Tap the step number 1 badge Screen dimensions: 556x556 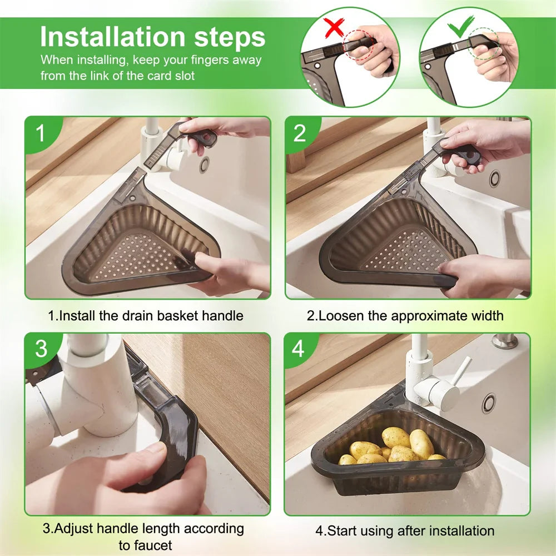[x=40, y=134]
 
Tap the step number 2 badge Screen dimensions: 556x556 [x=300, y=134]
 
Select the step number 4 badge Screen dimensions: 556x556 [x=299, y=350]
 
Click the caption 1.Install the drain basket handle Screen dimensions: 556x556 [x=146, y=316]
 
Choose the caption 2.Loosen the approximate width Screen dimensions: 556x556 [x=405, y=316]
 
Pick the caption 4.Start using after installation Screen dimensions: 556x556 [x=405, y=530]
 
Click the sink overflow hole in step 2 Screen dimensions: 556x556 [x=494, y=178]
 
